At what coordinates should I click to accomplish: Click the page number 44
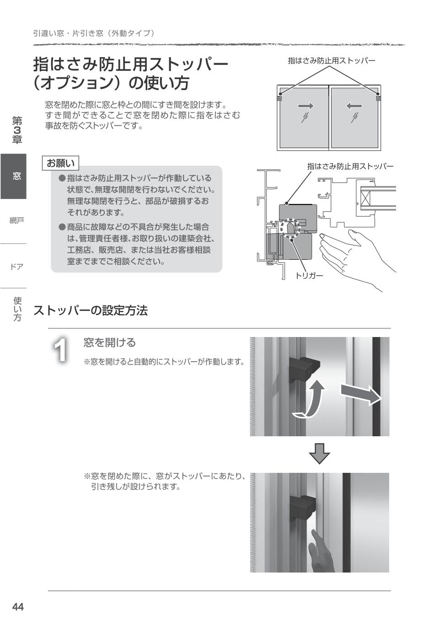18,607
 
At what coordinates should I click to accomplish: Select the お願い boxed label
61,163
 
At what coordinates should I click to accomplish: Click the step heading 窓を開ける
110,343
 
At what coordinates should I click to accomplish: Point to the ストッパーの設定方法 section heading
91,311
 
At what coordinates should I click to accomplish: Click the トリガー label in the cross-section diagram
309,275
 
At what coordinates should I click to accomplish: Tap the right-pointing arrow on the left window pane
305,106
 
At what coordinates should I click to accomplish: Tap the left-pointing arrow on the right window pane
354,106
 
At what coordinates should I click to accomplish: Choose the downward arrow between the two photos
319,453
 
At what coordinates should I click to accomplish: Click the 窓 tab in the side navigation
17,176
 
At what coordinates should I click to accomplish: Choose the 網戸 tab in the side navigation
17,221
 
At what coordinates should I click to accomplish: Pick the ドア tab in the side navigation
17,266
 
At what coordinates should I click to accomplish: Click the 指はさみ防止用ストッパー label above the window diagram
331,60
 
